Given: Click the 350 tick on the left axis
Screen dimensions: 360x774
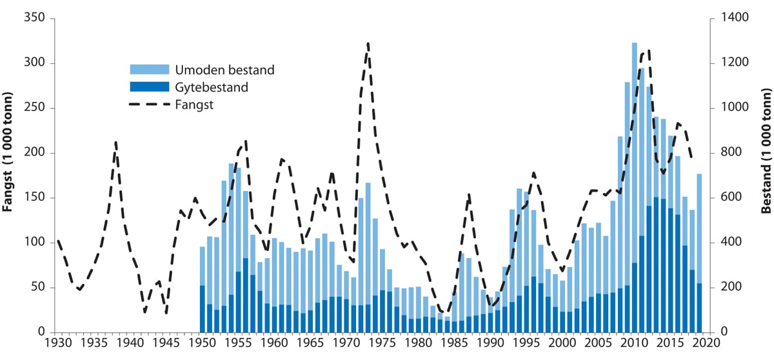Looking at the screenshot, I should pos(35,18).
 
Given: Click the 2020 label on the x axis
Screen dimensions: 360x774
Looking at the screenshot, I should pos(709,344).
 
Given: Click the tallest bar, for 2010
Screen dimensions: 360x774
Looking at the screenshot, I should pos(634,187).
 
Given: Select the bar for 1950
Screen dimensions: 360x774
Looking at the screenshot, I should pos(202,290).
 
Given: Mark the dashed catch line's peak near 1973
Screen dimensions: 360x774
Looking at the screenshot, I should pos(368,44).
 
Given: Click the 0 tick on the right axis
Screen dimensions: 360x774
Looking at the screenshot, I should pos(718,332).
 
